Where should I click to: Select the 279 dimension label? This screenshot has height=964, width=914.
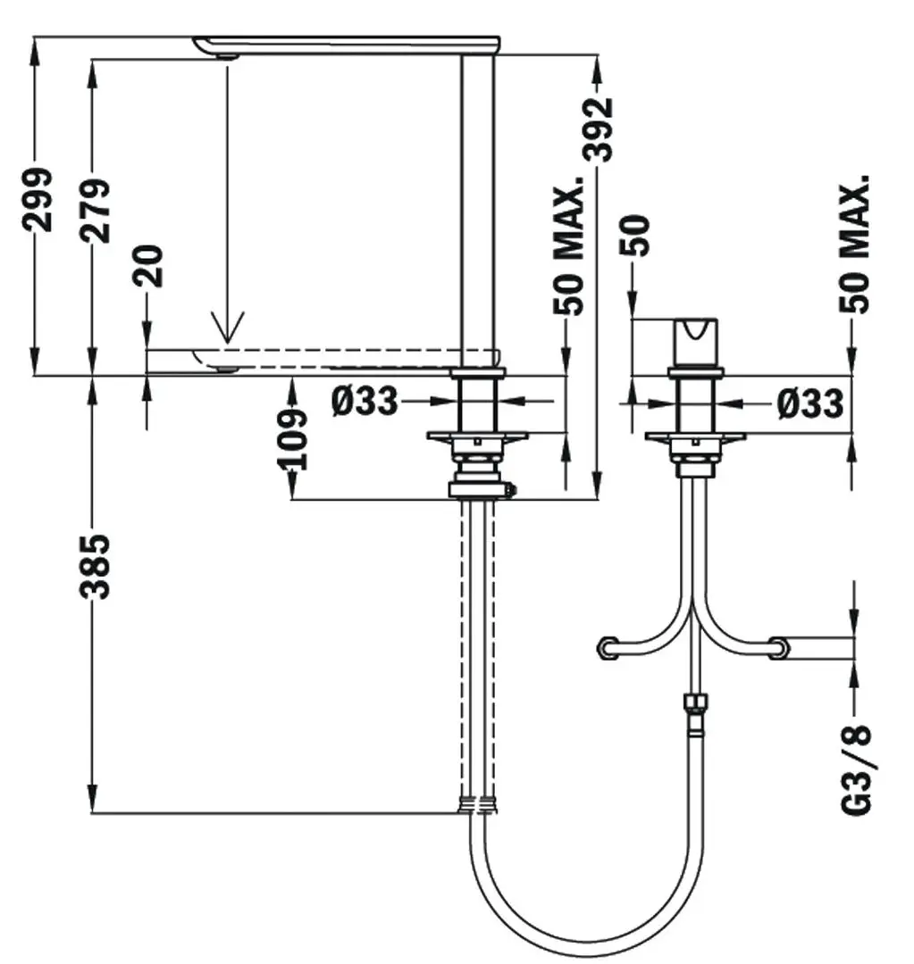click(x=96, y=211)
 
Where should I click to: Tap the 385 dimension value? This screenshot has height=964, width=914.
click(x=96, y=567)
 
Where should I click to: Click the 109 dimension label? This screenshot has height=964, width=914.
click(x=292, y=438)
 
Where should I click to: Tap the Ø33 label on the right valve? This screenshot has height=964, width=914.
click(x=809, y=403)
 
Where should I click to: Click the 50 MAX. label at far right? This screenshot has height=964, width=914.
click(x=856, y=243)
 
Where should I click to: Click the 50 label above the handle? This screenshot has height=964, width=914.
click(x=637, y=236)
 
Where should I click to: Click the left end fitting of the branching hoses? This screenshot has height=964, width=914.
click(x=608, y=647)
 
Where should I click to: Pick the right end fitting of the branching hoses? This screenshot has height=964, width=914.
click(x=780, y=647)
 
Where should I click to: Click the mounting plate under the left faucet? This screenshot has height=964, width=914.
click(x=477, y=436)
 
